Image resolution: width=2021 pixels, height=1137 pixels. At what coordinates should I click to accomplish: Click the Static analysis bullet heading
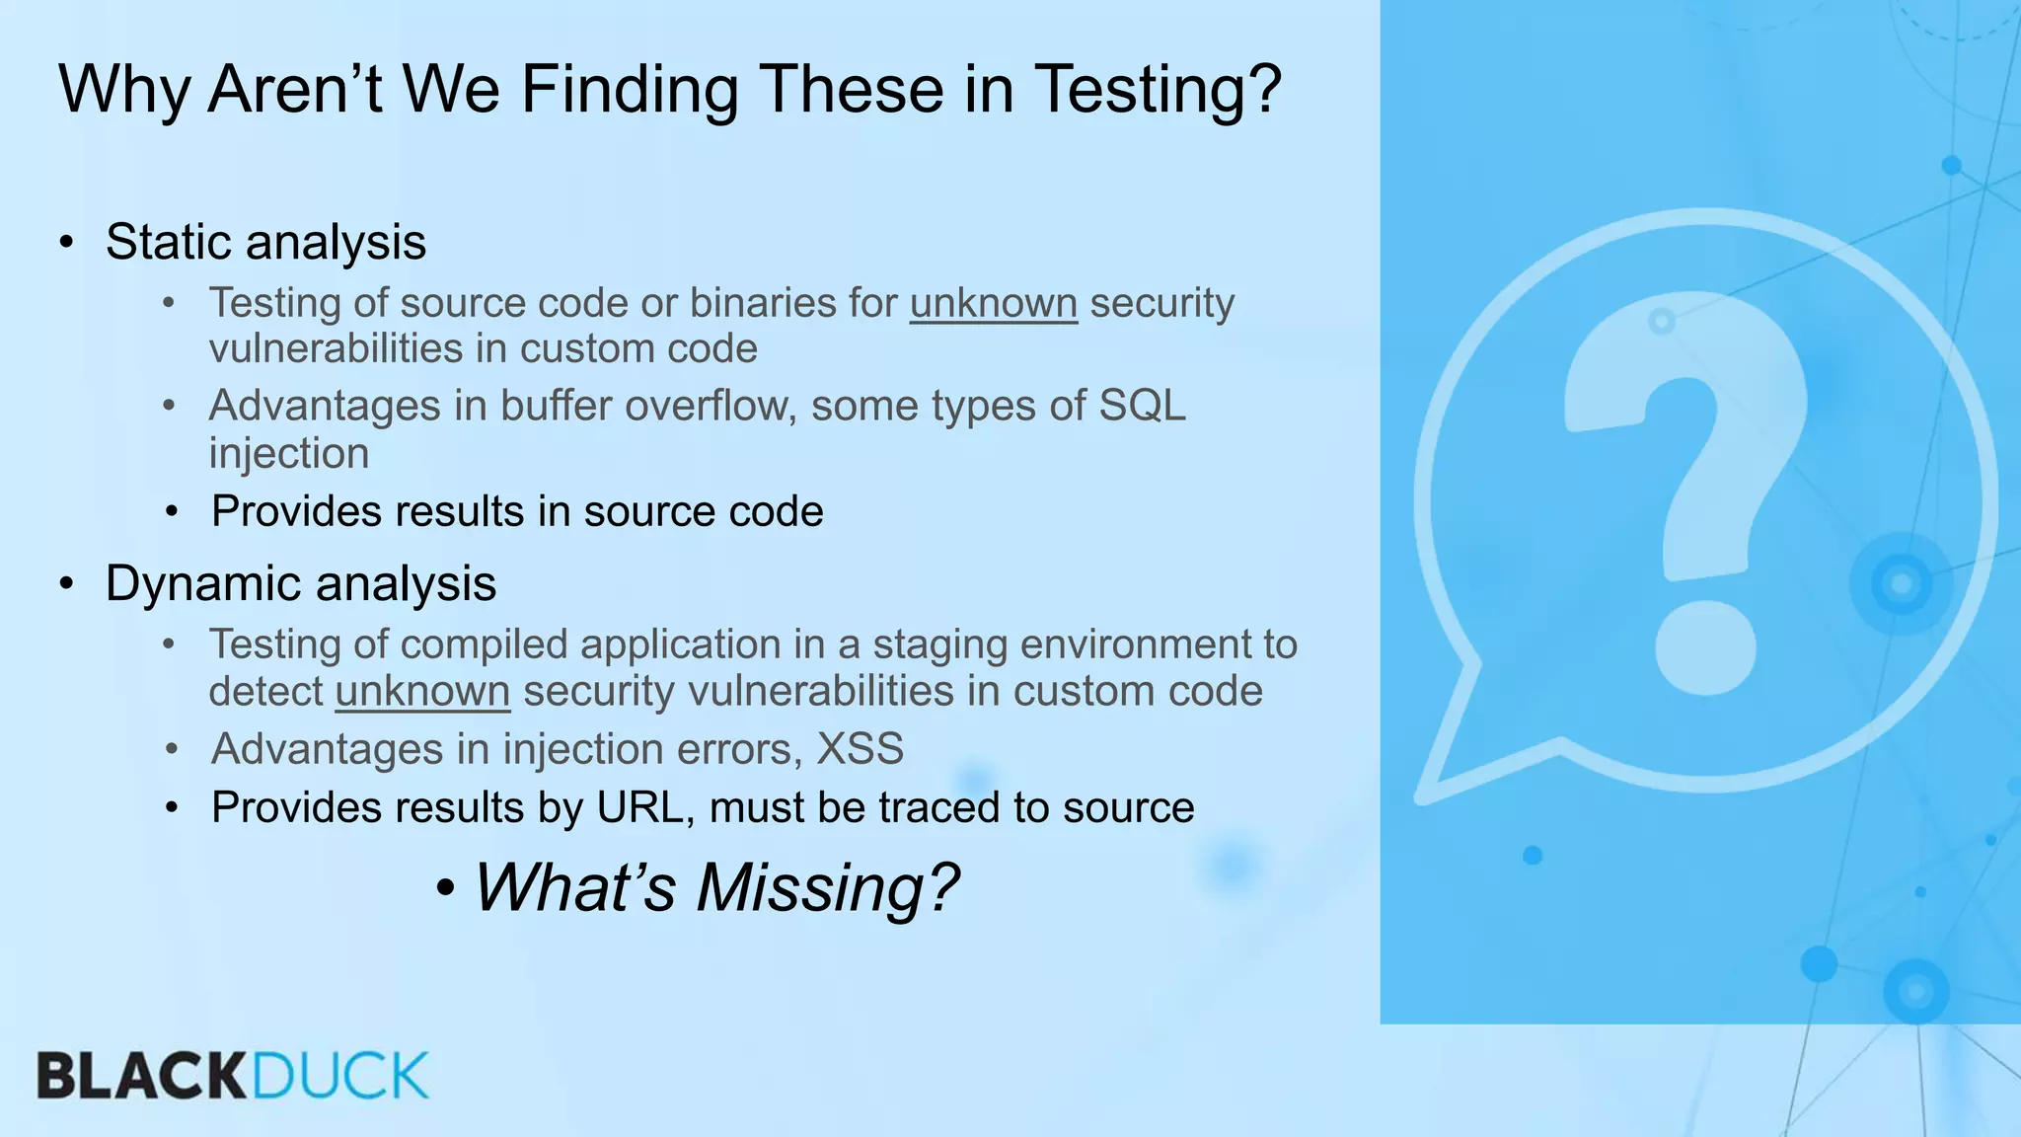tap(265, 243)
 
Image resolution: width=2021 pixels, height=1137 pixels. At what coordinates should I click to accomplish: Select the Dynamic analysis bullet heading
tap(300, 584)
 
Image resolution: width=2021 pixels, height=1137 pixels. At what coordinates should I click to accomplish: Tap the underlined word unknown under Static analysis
tap(993, 304)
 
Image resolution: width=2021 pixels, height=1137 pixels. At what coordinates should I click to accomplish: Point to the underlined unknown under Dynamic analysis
tap(422, 692)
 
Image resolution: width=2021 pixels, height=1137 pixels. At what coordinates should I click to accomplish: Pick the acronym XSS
tap(860, 749)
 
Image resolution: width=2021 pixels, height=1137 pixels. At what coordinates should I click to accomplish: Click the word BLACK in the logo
tap(141, 1077)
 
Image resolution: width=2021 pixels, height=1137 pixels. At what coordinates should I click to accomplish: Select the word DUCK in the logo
tap(340, 1077)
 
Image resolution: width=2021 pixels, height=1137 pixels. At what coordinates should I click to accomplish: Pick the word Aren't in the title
tap(294, 91)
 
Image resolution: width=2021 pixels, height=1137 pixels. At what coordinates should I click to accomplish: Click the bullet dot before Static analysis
tap(66, 243)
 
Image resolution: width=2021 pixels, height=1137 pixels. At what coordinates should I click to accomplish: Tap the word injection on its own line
tap(288, 454)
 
